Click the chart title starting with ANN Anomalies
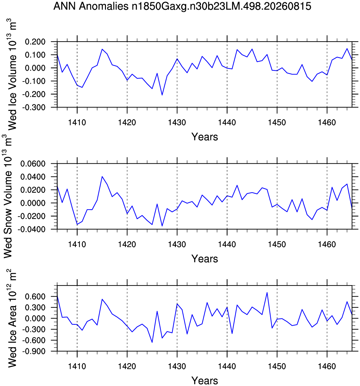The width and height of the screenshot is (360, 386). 182,7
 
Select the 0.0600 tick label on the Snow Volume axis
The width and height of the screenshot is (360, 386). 33,164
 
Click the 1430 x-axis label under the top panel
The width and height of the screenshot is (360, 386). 177,122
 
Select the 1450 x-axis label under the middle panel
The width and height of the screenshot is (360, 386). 277,244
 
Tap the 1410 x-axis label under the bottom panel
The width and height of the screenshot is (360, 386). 77,366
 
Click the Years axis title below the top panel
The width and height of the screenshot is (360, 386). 205,137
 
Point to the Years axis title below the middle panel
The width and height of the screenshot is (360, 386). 205,259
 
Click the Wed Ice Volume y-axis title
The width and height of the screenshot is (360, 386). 11,74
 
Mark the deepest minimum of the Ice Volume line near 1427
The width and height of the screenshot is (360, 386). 162,95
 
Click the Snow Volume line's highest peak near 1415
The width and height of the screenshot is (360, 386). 102,176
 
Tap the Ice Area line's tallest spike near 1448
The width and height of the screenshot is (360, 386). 267,292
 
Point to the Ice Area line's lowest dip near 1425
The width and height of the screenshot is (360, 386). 152,343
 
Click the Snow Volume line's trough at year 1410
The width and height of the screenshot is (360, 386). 77,225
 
